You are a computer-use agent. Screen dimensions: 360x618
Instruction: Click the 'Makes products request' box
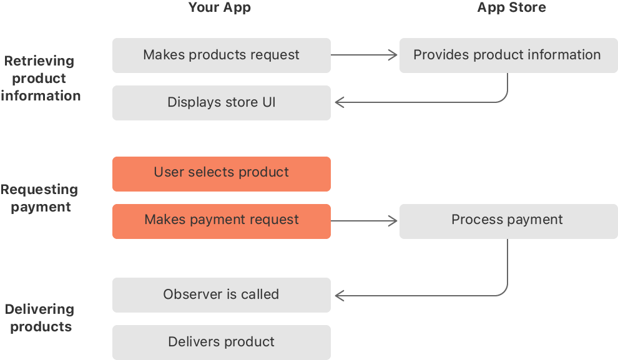(221, 55)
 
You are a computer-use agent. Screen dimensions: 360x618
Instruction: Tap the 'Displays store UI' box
(221, 102)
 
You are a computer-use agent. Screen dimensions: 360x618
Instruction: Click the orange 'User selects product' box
(221, 173)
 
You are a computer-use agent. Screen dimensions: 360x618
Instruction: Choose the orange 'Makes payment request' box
(221, 221)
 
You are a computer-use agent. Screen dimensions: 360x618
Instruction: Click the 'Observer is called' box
(221, 294)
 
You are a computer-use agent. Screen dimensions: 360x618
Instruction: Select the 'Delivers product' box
(221, 342)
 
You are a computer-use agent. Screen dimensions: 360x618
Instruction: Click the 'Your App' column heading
(220, 8)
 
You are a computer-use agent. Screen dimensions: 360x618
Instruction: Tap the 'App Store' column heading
(511, 8)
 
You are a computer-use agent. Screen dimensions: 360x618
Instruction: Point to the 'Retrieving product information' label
(41, 78)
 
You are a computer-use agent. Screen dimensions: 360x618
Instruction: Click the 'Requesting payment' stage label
(40, 198)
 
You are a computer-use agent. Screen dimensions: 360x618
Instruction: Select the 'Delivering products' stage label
(40, 318)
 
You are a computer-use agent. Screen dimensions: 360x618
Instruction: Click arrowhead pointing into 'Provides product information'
(393, 55)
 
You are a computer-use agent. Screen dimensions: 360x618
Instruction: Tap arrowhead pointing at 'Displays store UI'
(339, 102)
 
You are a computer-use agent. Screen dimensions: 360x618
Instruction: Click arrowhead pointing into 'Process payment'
(393, 221)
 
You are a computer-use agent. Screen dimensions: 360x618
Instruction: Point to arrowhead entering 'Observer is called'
(339, 294)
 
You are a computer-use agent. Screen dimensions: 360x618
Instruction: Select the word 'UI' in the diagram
(268, 102)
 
